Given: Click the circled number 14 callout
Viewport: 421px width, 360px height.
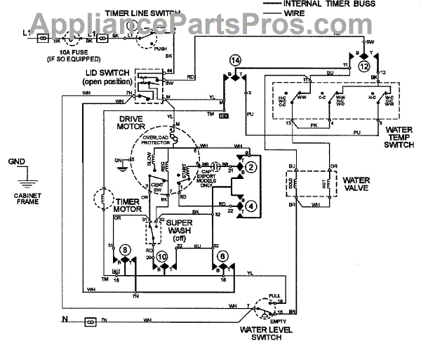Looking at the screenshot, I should (234, 62).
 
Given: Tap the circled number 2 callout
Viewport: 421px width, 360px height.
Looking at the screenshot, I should (250, 166).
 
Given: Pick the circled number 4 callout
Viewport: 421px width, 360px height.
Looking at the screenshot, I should (250, 206).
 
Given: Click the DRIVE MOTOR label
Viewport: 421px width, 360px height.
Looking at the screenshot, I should (133, 124).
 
